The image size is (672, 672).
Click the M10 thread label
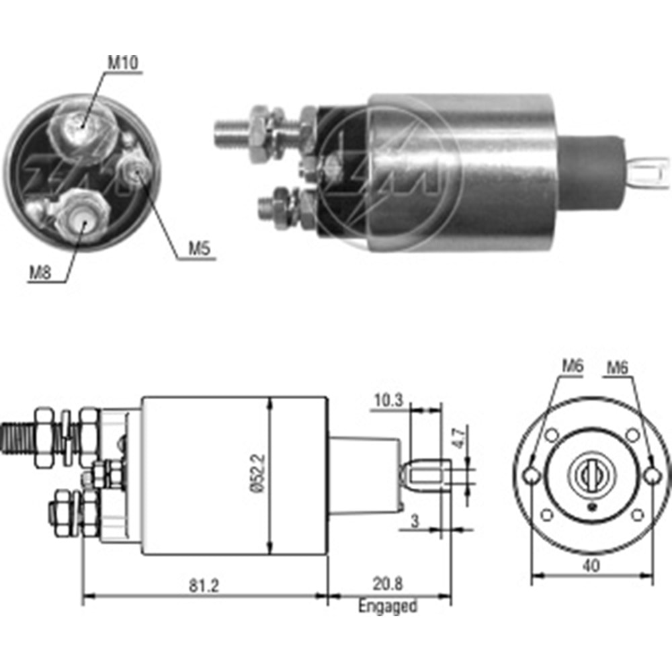tap(123, 63)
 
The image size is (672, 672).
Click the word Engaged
tap(387, 607)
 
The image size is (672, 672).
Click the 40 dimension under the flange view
tap(591, 565)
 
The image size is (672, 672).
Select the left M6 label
tap(573, 367)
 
